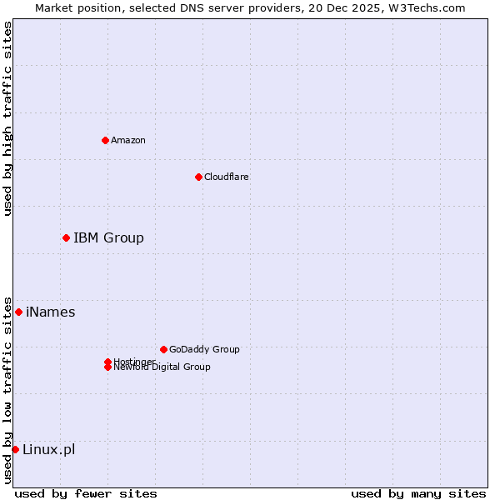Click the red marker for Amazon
tap(105, 140)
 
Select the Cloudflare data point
tap(198, 177)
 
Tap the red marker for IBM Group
tap(66, 237)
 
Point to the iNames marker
tap(18, 312)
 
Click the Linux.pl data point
tap(15, 449)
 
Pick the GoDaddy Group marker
tap(163, 349)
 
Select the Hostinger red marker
tap(107, 361)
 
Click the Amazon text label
tap(128, 140)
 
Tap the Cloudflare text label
tap(227, 177)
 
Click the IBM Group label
tap(108, 237)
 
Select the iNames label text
tap(50, 312)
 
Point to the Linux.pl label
tap(48, 449)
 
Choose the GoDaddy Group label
tap(204, 349)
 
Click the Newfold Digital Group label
tap(162, 367)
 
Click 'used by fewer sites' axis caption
tap(86, 493)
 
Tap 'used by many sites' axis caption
tap(418, 493)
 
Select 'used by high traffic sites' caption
tap(7, 118)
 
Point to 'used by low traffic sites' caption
tap(7, 390)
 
